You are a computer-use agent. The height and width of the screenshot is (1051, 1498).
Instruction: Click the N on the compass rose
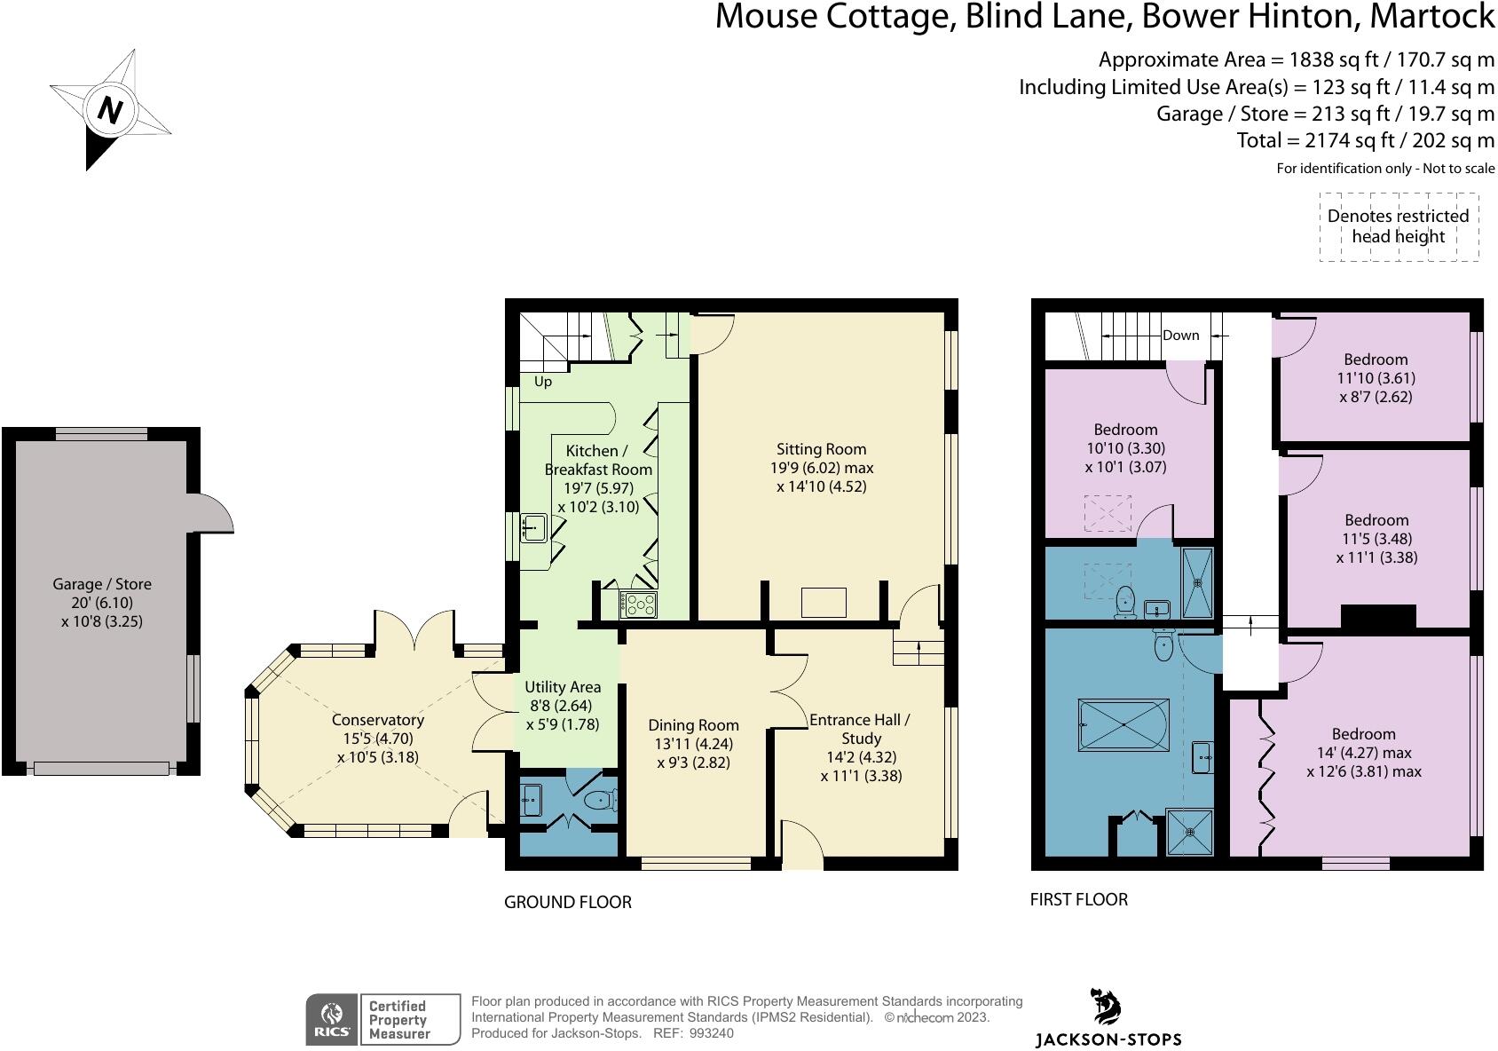(110, 110)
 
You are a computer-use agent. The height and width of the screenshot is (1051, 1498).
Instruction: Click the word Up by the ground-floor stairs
(543, 382)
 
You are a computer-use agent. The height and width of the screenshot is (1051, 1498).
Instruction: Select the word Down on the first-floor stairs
(1181, 336)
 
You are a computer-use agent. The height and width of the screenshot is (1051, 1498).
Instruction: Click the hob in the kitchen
(639, 605)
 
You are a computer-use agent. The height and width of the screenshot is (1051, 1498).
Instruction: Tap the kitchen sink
(533, 527)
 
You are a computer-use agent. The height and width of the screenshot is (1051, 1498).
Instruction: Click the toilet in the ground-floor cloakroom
(600, 800)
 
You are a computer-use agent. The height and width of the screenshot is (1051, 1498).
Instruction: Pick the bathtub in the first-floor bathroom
(1123, 724)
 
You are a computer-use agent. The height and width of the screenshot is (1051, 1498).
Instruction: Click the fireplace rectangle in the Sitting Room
(824, 603)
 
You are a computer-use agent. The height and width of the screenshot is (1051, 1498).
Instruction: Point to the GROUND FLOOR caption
(568, 902)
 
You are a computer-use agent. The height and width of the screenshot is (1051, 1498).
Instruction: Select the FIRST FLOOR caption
(1079, 899)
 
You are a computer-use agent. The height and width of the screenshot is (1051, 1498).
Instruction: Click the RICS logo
(333, 1019)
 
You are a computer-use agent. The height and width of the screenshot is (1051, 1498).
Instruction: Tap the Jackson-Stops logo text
(1108, 1039)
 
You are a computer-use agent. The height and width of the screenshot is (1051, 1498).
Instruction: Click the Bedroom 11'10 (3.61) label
(1376, 378)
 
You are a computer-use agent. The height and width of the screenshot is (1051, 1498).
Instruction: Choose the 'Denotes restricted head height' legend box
(1399, 226)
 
